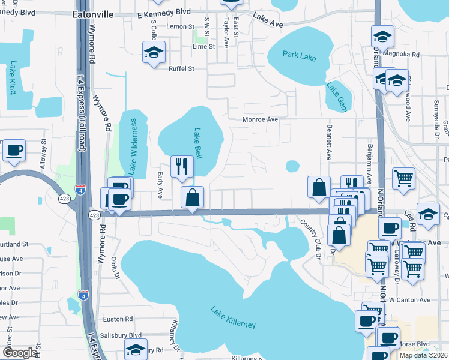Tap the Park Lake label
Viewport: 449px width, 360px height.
(300, 57)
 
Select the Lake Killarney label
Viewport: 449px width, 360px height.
(233, 317)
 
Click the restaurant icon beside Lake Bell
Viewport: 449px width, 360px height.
(182, 166)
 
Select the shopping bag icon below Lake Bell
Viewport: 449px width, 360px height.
(192, 197)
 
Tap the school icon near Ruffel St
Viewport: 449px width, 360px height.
(154, 52)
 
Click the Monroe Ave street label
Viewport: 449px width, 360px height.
(260, 119)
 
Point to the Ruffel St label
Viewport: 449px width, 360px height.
(181, 68)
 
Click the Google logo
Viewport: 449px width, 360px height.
(20, 353)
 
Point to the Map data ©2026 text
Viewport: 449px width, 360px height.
(423, 355)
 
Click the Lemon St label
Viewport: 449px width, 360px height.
(181, 26)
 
